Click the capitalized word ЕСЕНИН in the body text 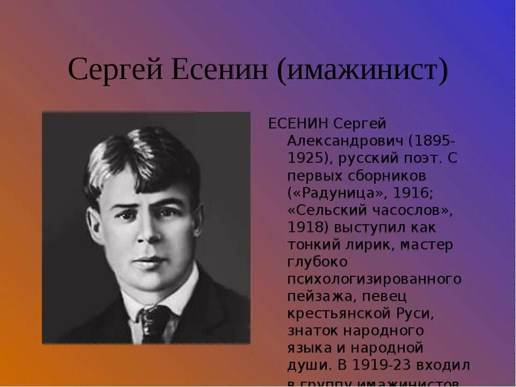(298, 124)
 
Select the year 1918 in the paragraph (307, 227)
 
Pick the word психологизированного (374, 279)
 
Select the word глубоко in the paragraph (317, 262)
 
